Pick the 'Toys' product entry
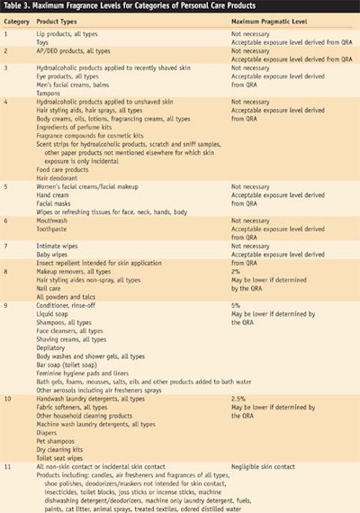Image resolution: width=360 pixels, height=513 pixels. (x=44, y=41)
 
